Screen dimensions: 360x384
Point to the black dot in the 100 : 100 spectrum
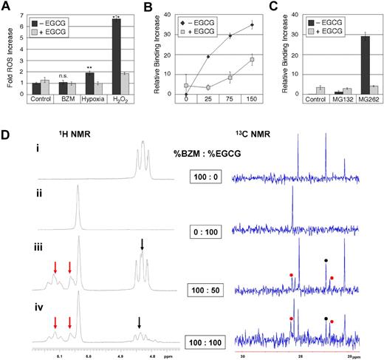coord(326,319)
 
